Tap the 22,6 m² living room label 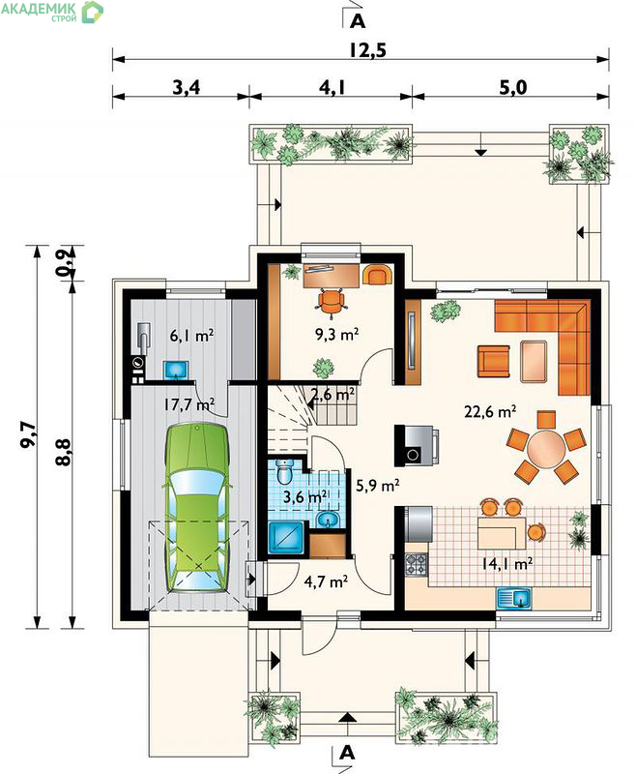[490, 410]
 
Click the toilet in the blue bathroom [285, 472]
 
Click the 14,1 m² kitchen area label [507, 563]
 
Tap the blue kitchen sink [514, 598]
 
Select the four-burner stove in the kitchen [417, 564]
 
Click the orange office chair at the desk [330, 301]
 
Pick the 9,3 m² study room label [336, 335]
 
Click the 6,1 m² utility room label [191, 336]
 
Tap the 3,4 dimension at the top [187, 88]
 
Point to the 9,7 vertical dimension [28, 435]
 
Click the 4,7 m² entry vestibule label [326, 581]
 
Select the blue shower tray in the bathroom [287, 537]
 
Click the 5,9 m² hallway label [378, 486]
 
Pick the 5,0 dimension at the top [512, 88]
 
